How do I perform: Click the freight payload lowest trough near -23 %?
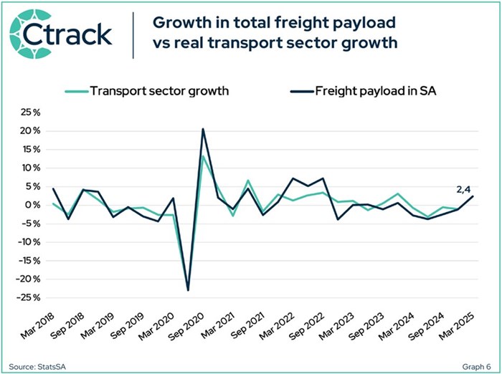tap(188, 289)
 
